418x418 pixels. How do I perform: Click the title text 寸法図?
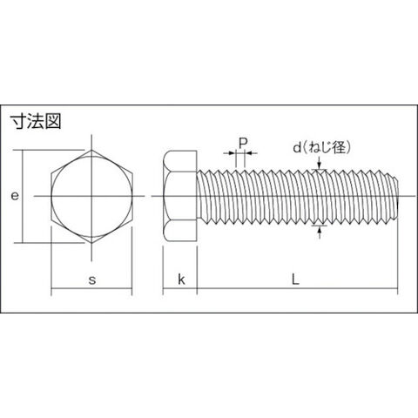click(x=36, y=121)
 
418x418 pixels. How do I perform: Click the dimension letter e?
click(x=15, y=196)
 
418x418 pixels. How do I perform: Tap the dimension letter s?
click(x=92, y=280)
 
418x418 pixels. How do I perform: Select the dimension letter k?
click(x=181, y=280)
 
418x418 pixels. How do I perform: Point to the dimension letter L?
click(x=295, y=280)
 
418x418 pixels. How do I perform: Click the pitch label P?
click(x=243, y=143)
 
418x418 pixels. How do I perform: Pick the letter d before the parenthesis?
click(x=297, y=148)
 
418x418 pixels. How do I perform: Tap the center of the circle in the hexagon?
click(x=92, y=196)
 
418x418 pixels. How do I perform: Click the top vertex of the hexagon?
click(x=92, y=150)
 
